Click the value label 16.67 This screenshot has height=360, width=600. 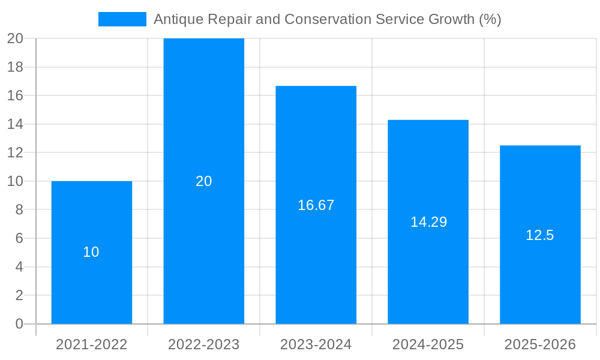pos(316,205)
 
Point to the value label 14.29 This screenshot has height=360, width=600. pos(428,222)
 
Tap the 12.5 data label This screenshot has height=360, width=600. pos(539,235)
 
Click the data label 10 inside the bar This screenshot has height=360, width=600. pos(91,252)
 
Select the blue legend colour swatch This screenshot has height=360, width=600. pos(122,19)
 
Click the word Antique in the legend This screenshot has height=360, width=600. pos(178,19)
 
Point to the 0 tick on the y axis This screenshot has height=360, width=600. pos(19,324)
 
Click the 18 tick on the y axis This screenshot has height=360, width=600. pos(15,67)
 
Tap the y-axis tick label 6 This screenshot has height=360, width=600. pos(19,238)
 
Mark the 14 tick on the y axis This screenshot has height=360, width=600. pos(15,124)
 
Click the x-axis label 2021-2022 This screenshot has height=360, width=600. pos(91,344)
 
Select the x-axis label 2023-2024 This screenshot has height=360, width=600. pos(316,344)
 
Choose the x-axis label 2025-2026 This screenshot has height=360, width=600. pos(540,344)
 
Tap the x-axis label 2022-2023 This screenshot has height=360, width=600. pos(203,344)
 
